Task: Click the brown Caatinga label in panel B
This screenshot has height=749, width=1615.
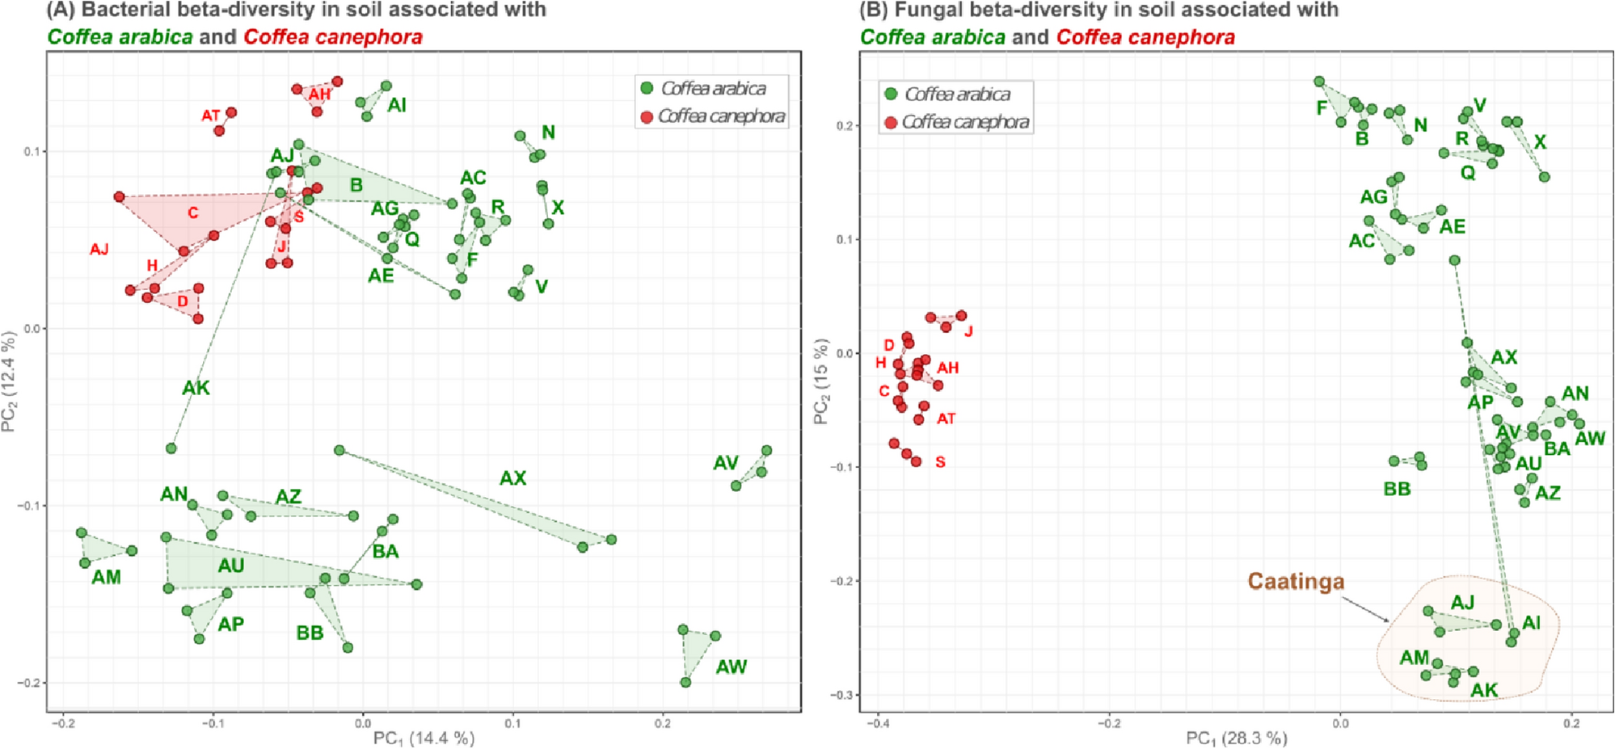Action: click(x=1295, y=582)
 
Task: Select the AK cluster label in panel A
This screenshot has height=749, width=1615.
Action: click(x=196, y=389)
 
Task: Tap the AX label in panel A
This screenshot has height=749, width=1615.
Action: click(x=512, y=478)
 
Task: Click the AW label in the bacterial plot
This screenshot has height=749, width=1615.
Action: click(x=731, y=667)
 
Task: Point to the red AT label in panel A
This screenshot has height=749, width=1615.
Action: click(x=210, y=116)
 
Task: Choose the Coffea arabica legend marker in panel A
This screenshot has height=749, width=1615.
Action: click(x=647, y=88)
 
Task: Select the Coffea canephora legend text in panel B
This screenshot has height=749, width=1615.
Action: click(x=965, y=122)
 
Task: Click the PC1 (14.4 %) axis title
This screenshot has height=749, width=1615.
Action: click(x=424, y=738)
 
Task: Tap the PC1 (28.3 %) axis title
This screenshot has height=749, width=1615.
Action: click(x=1236, y=738)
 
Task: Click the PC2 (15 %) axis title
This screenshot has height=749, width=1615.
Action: click(x=820, y=381)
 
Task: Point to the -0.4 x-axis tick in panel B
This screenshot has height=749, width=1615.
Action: click(x=878, y=723)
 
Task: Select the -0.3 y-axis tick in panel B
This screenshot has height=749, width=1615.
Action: click(x=842, y=695)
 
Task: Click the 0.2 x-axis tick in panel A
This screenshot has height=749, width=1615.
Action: click(x=663, y=723)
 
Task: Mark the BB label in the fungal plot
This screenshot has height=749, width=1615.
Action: click(x=1397, y=489)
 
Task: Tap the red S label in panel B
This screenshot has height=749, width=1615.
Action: click(x=940, y=462)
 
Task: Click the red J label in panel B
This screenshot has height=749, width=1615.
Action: click(x=968, y=331)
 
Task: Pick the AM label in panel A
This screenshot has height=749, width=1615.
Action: click(x=106, y=578)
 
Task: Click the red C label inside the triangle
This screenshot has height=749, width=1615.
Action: click(x=192, y=213)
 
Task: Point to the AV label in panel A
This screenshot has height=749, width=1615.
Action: click(x=725, y=463)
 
